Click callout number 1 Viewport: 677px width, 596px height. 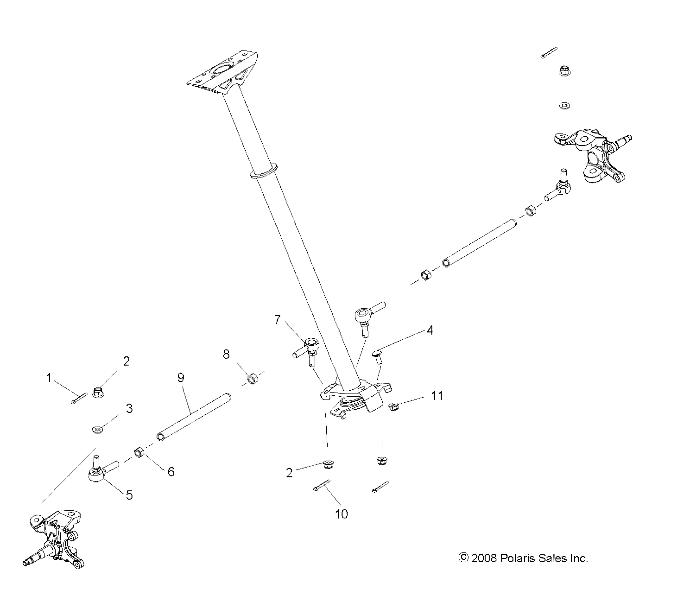click(x=49, y=378)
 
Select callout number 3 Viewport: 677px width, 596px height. click(x=129, y=408)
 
